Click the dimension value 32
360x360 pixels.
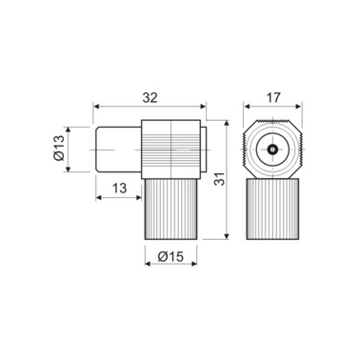click(149, 95)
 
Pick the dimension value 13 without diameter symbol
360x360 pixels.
click(118, 187)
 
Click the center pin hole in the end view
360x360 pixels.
click(273, 150)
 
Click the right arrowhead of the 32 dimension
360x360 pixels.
click(205, 107)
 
